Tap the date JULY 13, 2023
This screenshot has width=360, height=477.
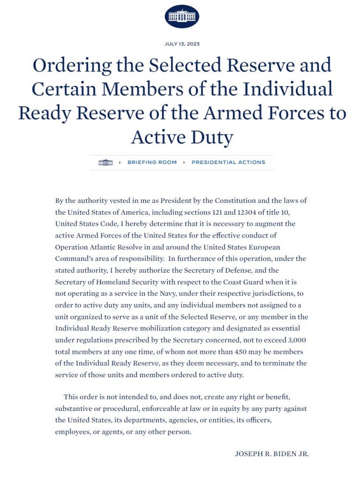(182, 44)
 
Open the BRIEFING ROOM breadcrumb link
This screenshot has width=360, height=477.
(152, 163)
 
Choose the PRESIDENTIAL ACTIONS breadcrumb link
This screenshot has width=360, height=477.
(228, 163)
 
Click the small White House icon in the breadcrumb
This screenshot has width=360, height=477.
(106, 163)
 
